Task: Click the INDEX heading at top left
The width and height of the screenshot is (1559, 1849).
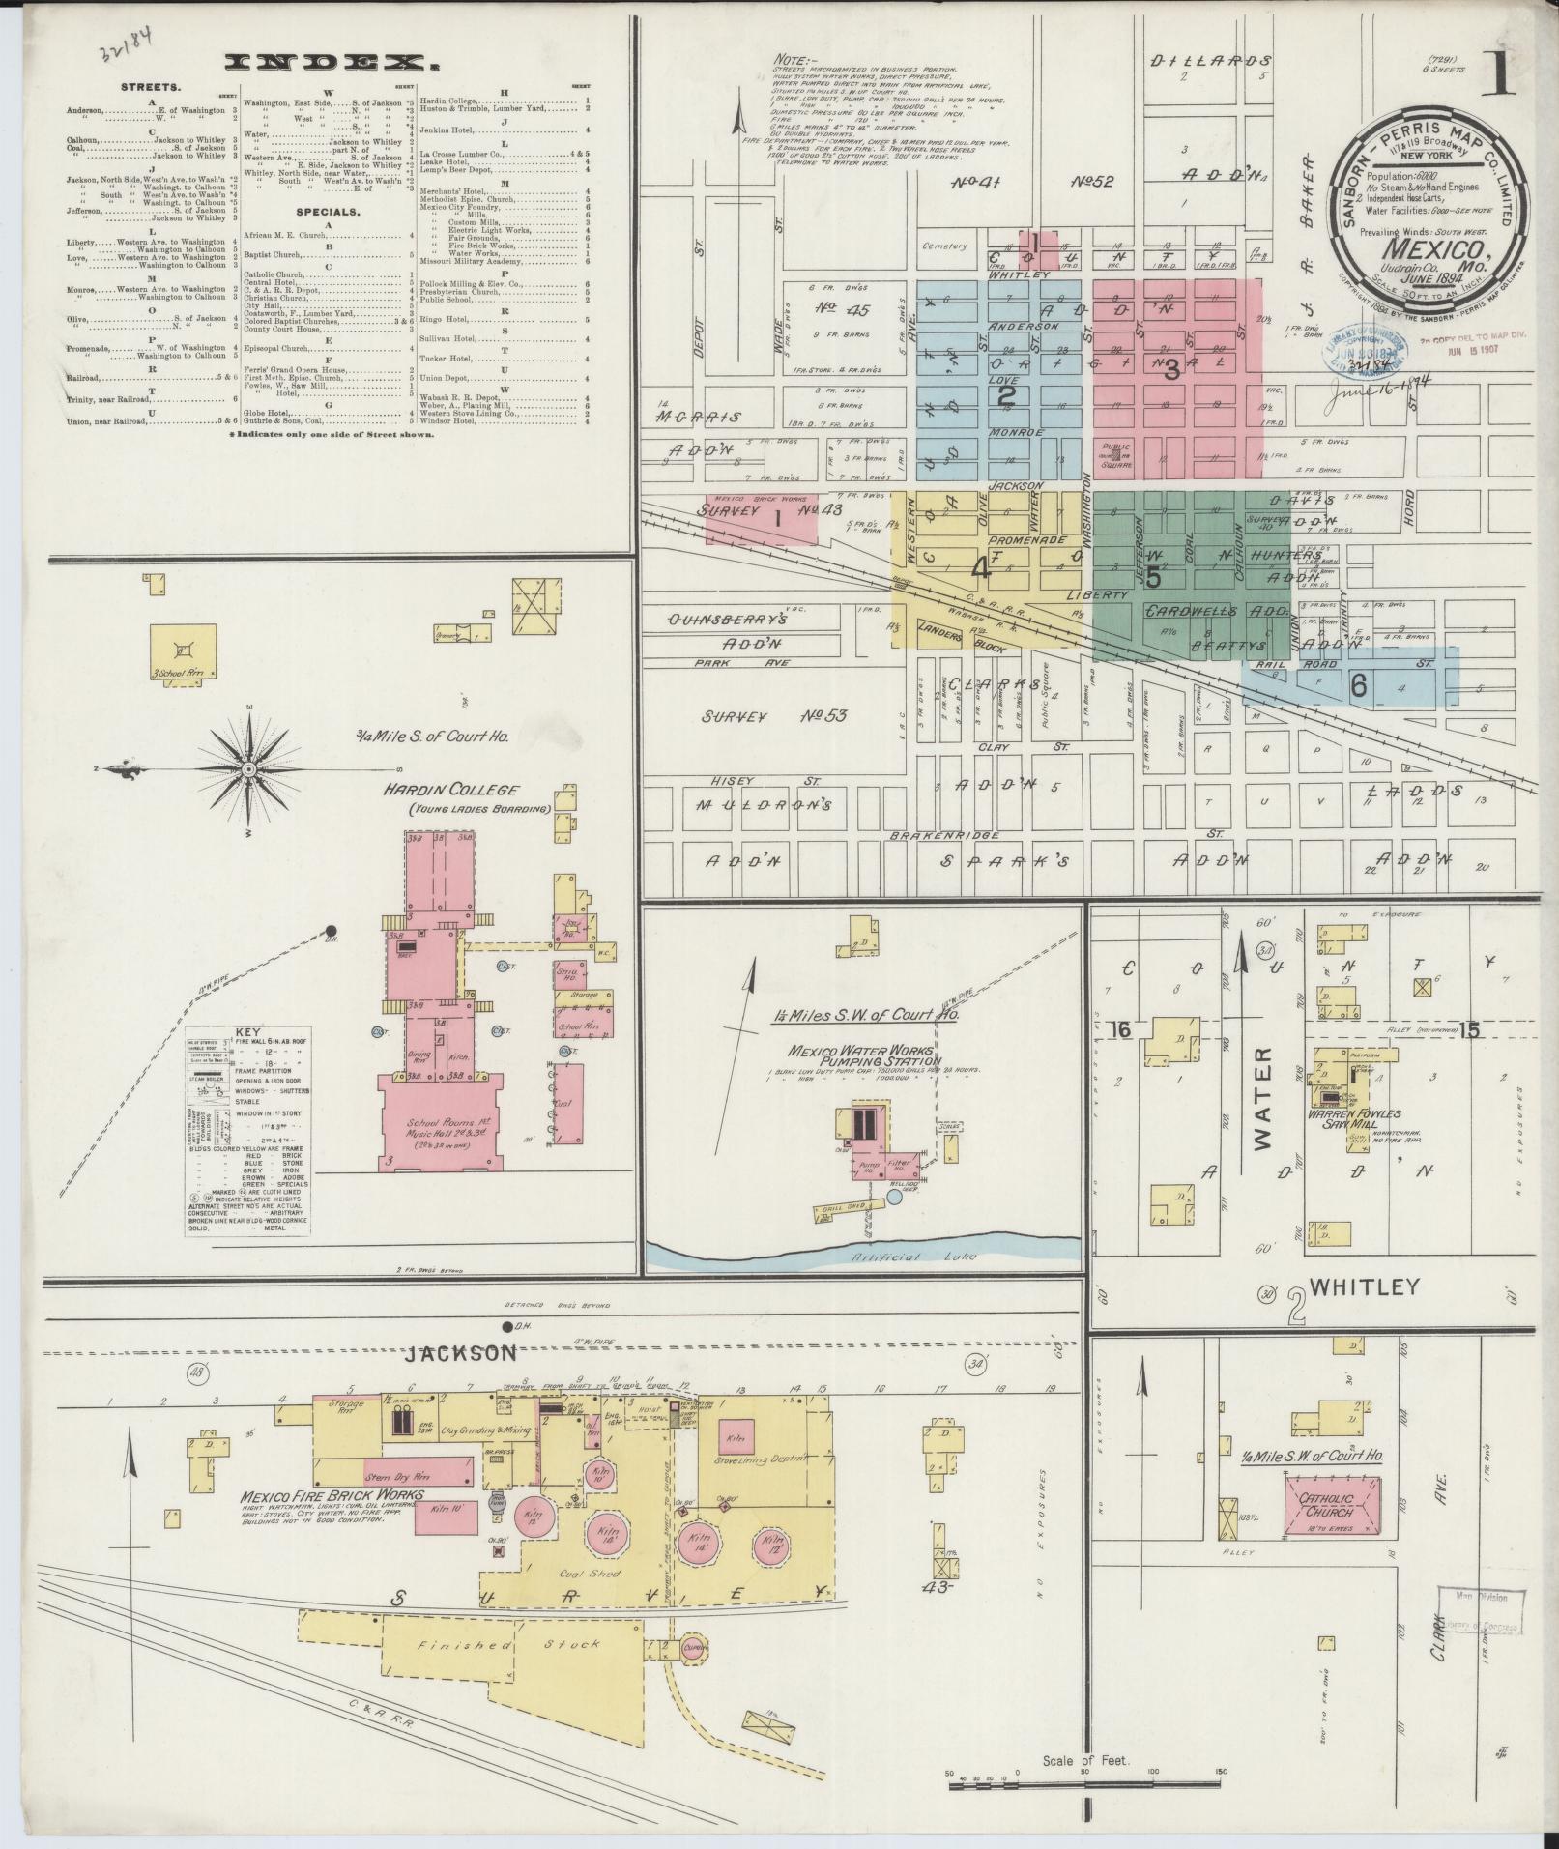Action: tap(327, 64)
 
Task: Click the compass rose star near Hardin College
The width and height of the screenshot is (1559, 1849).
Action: tap(247, 768)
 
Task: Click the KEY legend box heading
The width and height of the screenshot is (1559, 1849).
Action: tap(245, 1032)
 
